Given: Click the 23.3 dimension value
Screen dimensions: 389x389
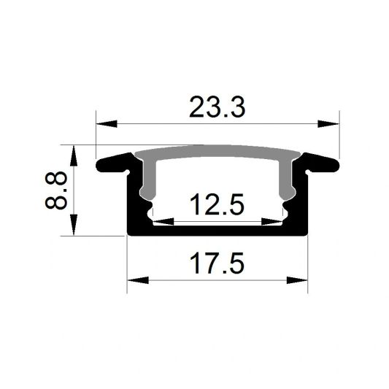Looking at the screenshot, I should (x=217, y=107).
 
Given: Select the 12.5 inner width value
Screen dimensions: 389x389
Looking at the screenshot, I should (x=217, y=206).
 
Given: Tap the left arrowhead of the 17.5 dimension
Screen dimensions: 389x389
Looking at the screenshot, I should (x=134, y=279).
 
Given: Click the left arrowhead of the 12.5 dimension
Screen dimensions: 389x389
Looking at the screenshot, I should (x=159, y=220).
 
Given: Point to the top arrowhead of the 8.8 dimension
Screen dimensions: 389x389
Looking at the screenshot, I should (x=74, y=152).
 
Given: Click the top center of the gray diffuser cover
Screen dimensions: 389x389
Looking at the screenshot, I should (x=217, y=153).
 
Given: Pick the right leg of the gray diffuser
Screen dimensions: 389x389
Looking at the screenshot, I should (x=289, y=179).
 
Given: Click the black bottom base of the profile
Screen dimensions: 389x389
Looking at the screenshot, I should (x=217, y=231).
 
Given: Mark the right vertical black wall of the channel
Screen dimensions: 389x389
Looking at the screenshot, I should (x=303, y=204).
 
